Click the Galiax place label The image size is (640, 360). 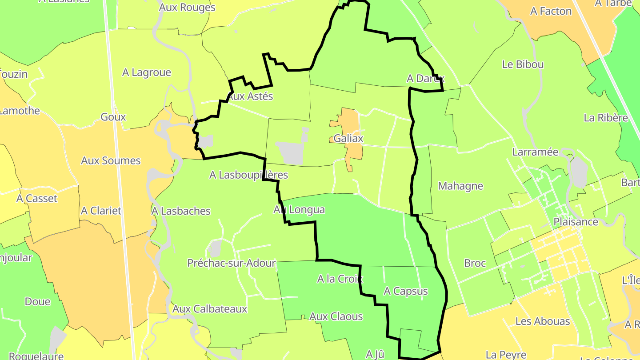348,138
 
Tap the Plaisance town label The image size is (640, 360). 576,221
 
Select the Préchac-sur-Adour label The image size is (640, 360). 232,263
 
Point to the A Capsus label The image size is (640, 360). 405,291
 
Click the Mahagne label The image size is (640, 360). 460,186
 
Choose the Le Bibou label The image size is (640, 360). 523,64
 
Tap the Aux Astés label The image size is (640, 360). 250,96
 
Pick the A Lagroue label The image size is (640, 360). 147,72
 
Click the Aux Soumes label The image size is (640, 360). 111,160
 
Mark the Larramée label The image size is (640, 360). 535,152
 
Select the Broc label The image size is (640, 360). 475,263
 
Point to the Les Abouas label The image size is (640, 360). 543,321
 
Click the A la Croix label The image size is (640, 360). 340,279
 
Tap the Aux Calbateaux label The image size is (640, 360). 210,309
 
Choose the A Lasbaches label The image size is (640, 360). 181,211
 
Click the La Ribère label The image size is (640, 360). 606,118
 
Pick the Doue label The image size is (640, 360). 37,302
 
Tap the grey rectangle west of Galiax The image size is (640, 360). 289,152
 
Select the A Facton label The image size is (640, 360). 551,12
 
